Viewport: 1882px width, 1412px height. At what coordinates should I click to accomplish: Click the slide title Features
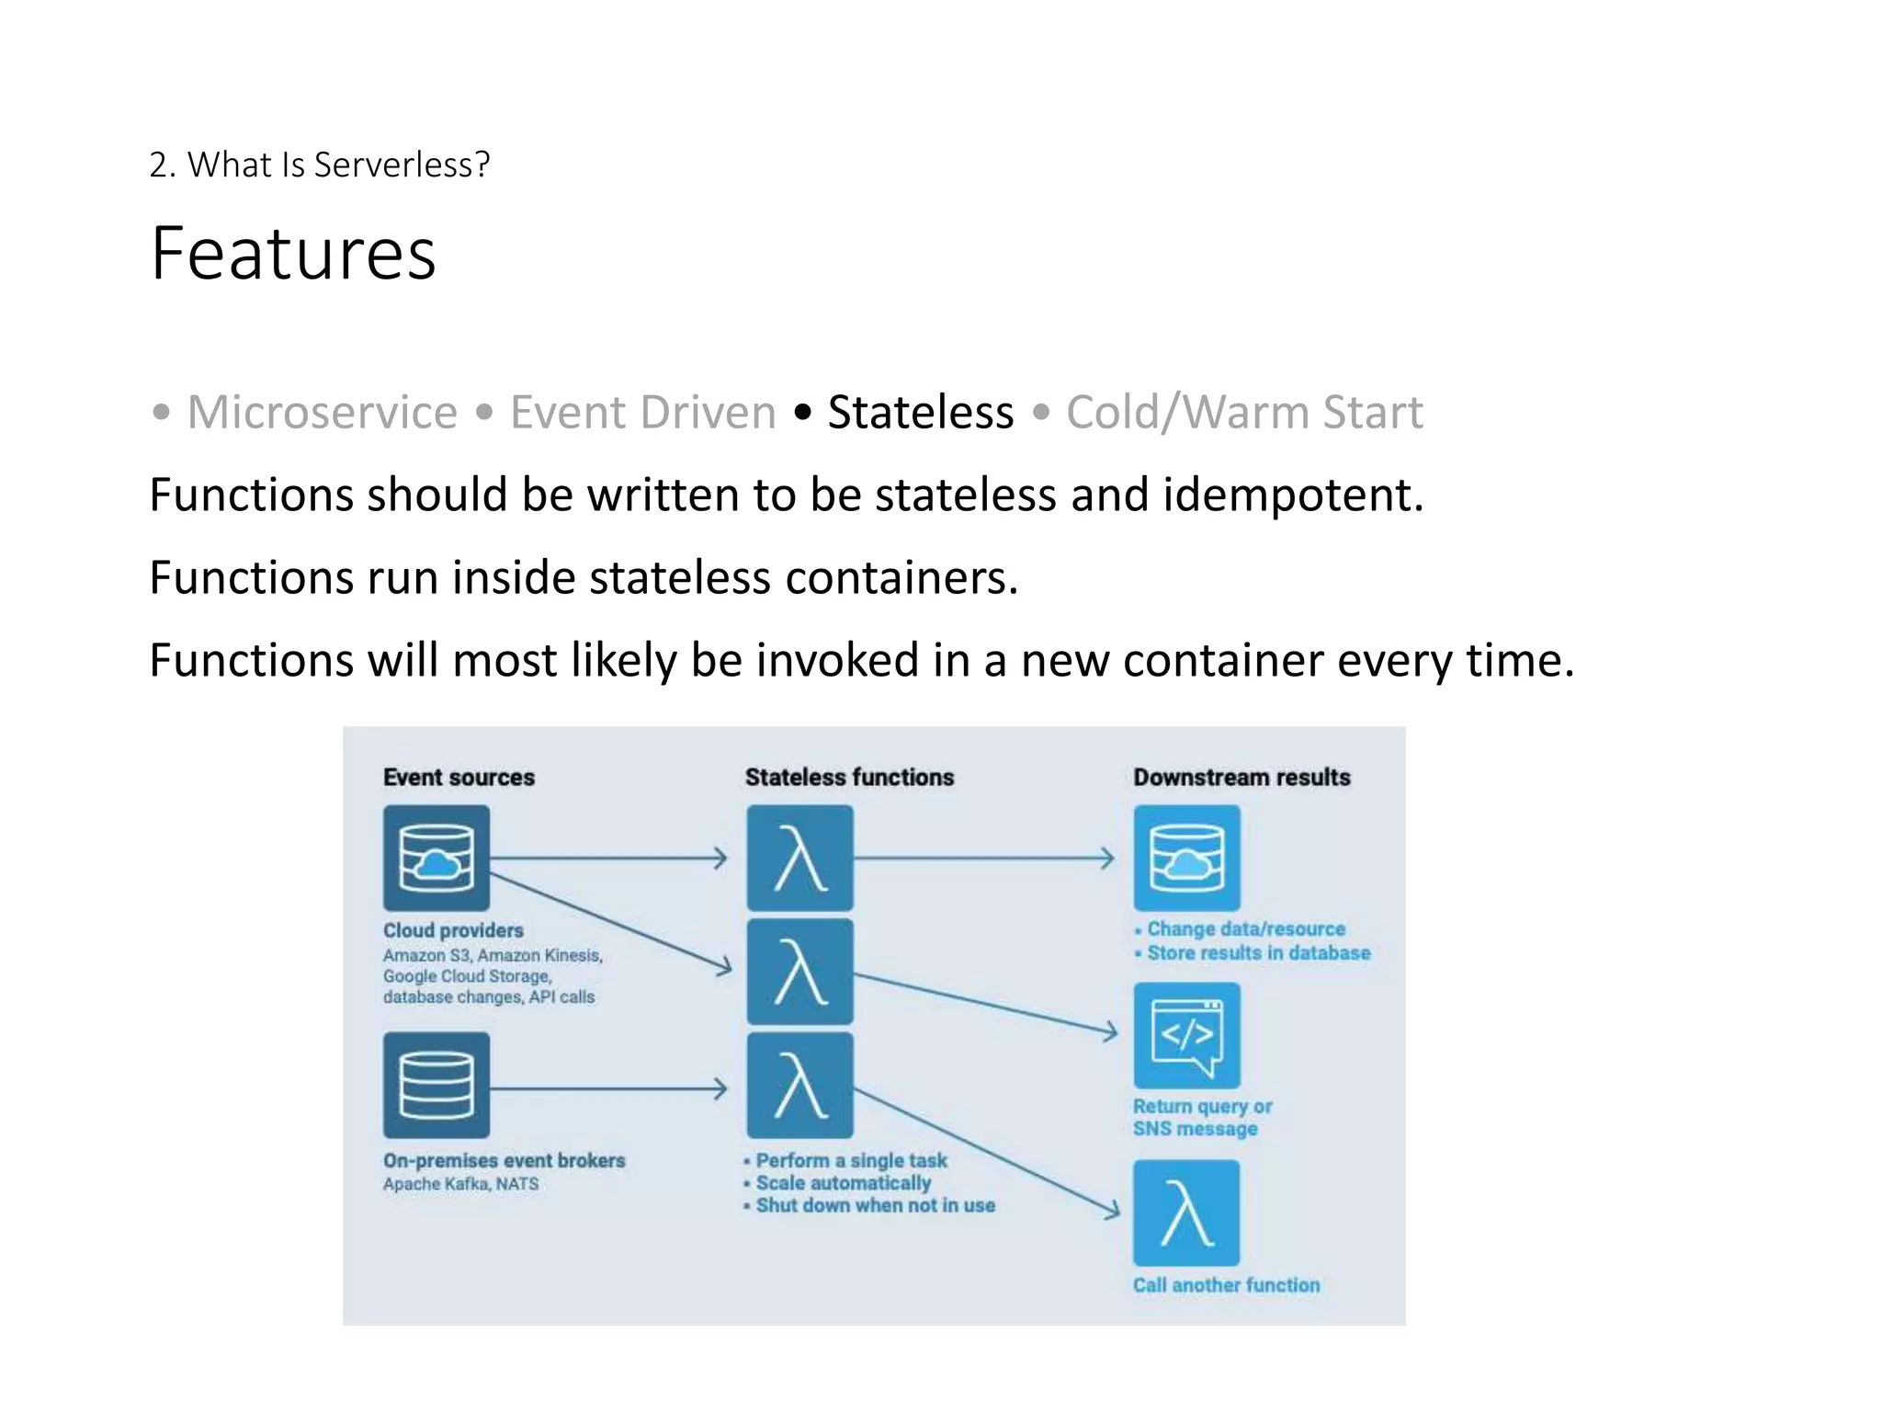[293, 254]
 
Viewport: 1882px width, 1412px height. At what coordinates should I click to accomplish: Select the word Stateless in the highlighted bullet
[920, 412]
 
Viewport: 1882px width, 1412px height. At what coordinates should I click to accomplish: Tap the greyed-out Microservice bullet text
[322, 412]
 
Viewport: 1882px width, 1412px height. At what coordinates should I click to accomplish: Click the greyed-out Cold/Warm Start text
[1243, 412]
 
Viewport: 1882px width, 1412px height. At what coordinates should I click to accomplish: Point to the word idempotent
[1292, 495]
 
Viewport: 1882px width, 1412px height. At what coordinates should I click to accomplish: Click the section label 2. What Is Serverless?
[319, 165]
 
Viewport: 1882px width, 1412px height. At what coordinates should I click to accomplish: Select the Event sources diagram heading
[459, 777]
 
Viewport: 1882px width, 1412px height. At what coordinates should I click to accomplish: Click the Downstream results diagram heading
[1241, 777]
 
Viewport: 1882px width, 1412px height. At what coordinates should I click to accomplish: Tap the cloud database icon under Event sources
[436, 858]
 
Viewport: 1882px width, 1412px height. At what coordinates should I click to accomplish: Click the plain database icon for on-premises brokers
[436, 1085]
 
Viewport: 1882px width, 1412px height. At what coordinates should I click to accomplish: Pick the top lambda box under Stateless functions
[799, 858]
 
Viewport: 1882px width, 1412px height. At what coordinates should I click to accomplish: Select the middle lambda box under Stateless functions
[799, 972]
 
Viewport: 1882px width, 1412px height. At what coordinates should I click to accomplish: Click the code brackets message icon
[1186, 1035]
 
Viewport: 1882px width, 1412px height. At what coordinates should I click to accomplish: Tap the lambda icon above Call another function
[1186, 1213]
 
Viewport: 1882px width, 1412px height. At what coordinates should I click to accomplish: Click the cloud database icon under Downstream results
[1186, 858]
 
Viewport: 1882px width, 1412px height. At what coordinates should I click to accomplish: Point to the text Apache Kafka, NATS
[460, 1184]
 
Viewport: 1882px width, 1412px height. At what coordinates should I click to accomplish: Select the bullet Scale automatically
[843, 1183]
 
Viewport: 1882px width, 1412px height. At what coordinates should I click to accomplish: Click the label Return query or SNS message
[1201, 1118]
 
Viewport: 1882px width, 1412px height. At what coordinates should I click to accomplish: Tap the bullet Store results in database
[1257, 953]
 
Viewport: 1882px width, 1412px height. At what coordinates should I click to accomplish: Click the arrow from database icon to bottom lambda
[607, 1089]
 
